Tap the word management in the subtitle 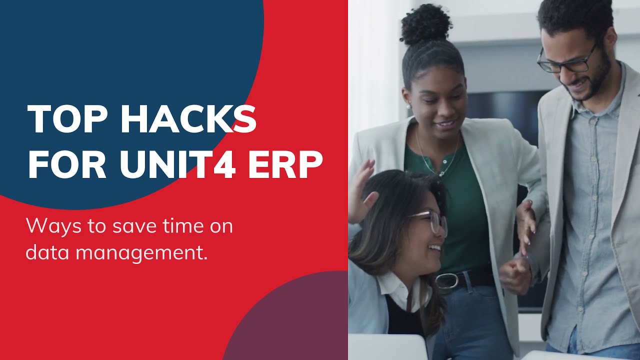point(141,252)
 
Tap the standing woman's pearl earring point(408,106)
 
